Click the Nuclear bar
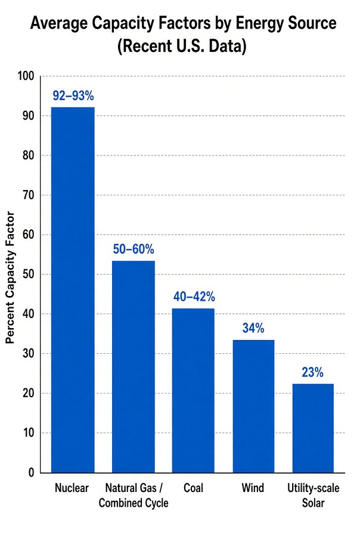pos(73,290)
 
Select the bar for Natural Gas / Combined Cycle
pos(134,367)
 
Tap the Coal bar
pos(193,391)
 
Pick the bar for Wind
pos(253,406)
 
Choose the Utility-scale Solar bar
pos(313,428)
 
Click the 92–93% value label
pos(73,96)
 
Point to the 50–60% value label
pos(134,250)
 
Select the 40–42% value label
pos(194,297)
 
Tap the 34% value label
pos(253,328)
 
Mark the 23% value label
pos(312,372)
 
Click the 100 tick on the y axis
pos(26,76)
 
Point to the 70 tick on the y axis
pos(29,195)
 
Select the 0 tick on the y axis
pos(32,473)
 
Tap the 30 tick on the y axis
pos(29,353)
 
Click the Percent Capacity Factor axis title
pos(10,278)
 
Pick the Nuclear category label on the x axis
pos(72,488)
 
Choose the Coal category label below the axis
pos(193,488)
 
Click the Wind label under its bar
pos(253,488)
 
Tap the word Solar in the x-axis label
pos(313,503)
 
